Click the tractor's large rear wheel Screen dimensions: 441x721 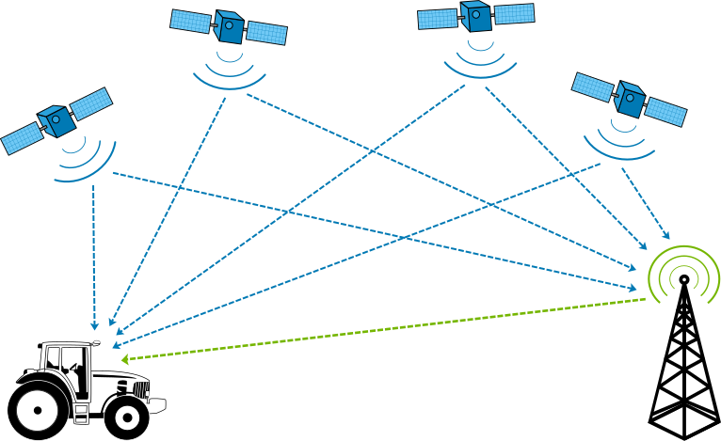coord(38,410)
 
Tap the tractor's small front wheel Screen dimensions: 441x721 coord(126,417)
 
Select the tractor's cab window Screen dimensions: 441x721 coord(68,360)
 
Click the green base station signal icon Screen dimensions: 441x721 coord(684,274)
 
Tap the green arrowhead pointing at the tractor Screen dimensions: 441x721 coord(125,359)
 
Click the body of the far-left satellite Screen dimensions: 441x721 coord(56,121)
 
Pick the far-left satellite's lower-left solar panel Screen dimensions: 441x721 coord(21,138)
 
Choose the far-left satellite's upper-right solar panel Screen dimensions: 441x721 coord(91,102)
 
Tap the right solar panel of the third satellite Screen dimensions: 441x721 coord(514,14)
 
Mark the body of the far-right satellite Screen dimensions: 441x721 coord(628,99)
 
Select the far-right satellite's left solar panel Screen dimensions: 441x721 coord(593,87)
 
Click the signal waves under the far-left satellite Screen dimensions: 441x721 coord(87,160)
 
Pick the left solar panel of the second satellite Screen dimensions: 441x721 coord(190,21)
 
